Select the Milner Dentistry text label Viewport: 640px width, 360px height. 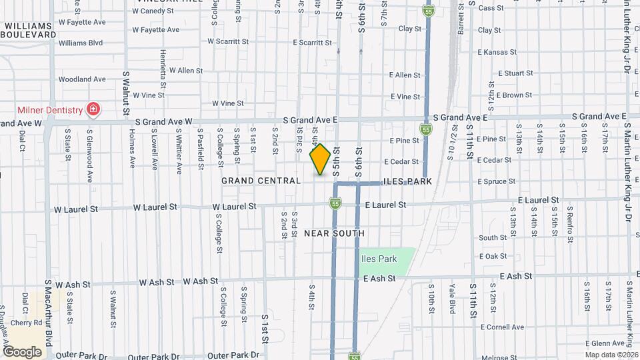click(x=50, y=109)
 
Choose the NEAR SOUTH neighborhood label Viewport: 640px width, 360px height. click(x=334, y=233)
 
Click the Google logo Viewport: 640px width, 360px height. click(x=22, y=351)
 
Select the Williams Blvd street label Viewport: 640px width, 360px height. click(x=81, y=43)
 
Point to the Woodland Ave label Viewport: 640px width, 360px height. click(x=82, y=79)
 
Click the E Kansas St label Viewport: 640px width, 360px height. click(x=498, y=52)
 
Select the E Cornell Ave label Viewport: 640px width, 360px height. click(x=501, y=327)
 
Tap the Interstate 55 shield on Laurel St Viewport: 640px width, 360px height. click(x=335, y=203)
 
